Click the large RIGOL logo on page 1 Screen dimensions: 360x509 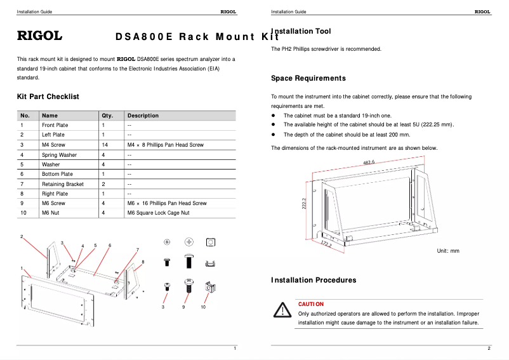pyautogui.click(x=39, y=36)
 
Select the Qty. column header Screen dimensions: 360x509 pyautogui.click(x=107, y=116)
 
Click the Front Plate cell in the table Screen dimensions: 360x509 pyautogui.click(x=55, y=125)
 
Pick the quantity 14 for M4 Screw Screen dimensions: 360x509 pyautogui.click(x=105, y=145)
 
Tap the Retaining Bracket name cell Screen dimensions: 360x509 pyautogui.click(x=63, y=184)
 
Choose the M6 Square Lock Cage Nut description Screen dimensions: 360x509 pyautogui.click(x=158, y=213)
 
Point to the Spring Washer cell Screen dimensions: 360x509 pyautogui.click(x=59, y=155)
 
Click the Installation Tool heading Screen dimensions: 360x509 pyautogui.click(x=301, y=31)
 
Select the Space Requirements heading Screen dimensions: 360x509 pyautogui.click(x=308, y=78)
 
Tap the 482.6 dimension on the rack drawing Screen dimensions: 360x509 pyautogui.click(x=369, y=163)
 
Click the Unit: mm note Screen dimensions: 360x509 pyautogui.click(x=447, y=251)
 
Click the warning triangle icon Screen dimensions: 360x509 pyautogui.click(x=281, y=310)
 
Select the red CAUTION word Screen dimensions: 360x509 pyautogui.click(x=311, y=304)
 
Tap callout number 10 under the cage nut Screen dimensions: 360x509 pyautogui.click(x=203, y=307)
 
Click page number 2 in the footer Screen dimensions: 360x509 pyautogui.click(x=489, y=349)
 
